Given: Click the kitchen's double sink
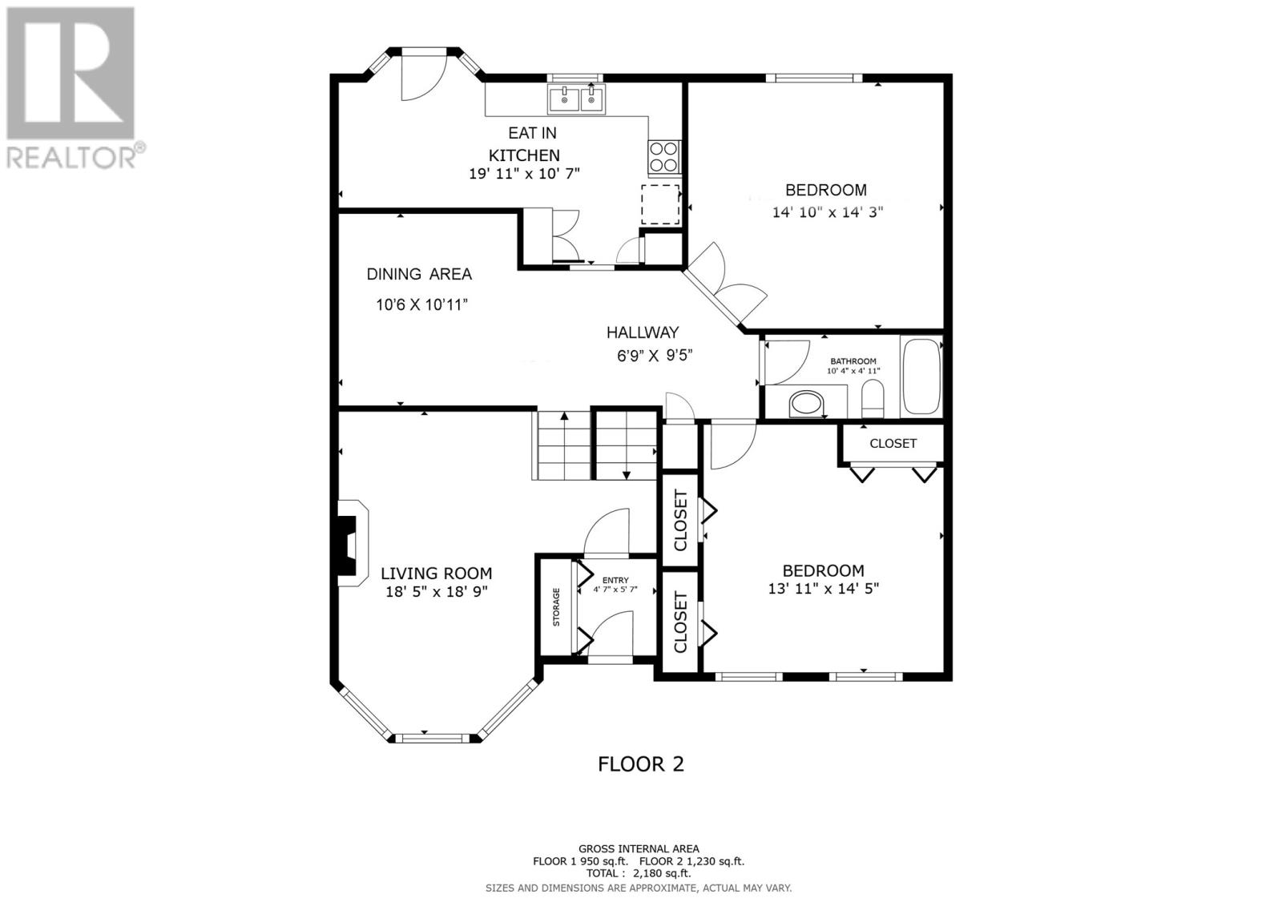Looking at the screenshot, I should click(x=577, y=100).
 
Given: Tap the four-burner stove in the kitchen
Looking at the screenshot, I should click(x=664, y=157).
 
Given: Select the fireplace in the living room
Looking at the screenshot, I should click(x=350, y=545).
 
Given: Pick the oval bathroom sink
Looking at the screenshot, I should click(x=808, y=403).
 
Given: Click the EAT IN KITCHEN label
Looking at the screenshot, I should click(x=525, y=144).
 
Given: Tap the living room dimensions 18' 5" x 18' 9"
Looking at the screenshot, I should click(x=436, y=591).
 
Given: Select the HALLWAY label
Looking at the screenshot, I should click(x=642, y=332).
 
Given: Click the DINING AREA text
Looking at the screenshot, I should click(x=419, y=274).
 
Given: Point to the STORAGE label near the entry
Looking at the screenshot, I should click(x=555, y=606).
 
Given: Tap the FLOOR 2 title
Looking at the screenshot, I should click(x=641, y=763).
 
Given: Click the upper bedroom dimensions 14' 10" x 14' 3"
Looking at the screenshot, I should click(x=827, y=212).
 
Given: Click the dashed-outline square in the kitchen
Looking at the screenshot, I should click(x=660, y=204).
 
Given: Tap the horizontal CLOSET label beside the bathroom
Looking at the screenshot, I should click(x=893, y=444).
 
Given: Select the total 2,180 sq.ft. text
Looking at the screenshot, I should click(x=639, y=873).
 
